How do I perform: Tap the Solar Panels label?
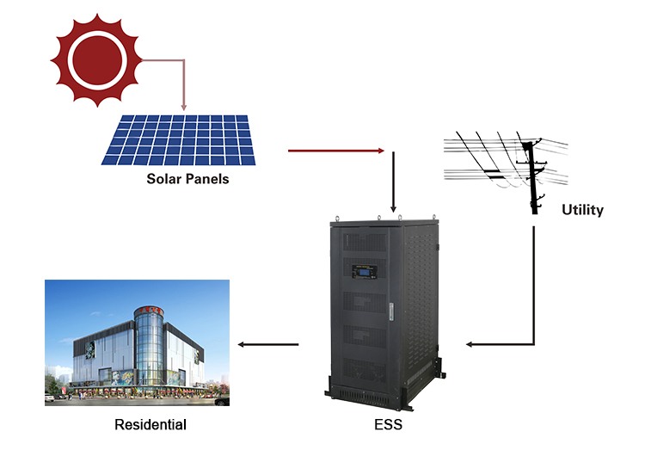pos(187,179)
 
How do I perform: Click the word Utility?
pos(582,209)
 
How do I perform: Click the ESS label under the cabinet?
pos(388,424)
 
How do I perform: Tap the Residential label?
pos(150,424)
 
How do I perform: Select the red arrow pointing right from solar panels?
pos(335,151)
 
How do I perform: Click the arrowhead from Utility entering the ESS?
pos(471,344)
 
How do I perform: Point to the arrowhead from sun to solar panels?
pos(184,105)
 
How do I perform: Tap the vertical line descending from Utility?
pos(535,284)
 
